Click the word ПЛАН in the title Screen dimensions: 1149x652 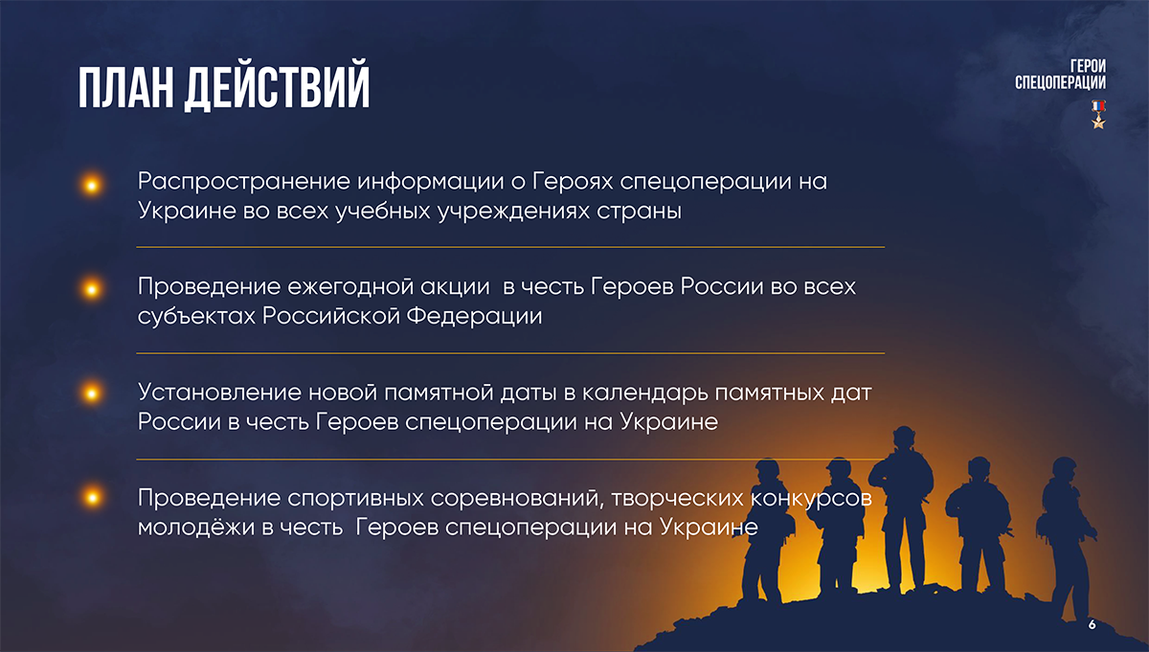(125, 87)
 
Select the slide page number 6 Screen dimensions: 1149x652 (1093, 624)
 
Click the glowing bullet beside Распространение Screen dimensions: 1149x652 (92, 185)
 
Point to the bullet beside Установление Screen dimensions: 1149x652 (92, 393)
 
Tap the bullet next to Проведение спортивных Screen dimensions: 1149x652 (92, 497)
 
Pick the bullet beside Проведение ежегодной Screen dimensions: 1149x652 (92, 289)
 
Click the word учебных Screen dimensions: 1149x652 (383, 212)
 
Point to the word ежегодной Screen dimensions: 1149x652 (350, 287)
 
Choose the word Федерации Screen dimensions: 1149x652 (474, 317)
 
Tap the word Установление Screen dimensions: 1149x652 (219, 393)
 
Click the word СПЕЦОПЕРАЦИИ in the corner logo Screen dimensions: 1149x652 (1060, 82)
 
